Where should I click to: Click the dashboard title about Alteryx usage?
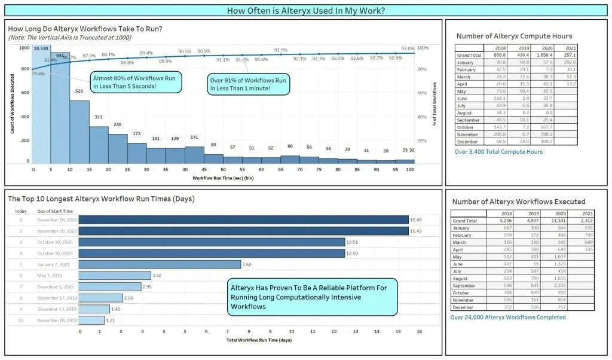(x=305, y=11)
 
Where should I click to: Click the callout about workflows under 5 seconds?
(x=136, y=82)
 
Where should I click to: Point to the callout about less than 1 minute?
(x=249, y=84)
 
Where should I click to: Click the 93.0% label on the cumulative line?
(x=408, y=49)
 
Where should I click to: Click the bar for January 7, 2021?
(x=160, y=264)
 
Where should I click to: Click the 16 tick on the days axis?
(x=419, y=331)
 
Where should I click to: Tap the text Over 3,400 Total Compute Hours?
(x=498, y=152)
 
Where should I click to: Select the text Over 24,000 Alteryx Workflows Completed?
(x=507, y=318)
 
